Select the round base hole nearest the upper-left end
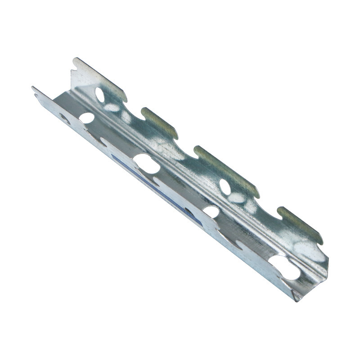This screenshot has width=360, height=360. coord(87,118)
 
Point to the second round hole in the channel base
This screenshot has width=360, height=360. coord(211,211)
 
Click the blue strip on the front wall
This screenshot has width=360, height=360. coord(148,180)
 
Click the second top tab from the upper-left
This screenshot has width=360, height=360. coord(160,121)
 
